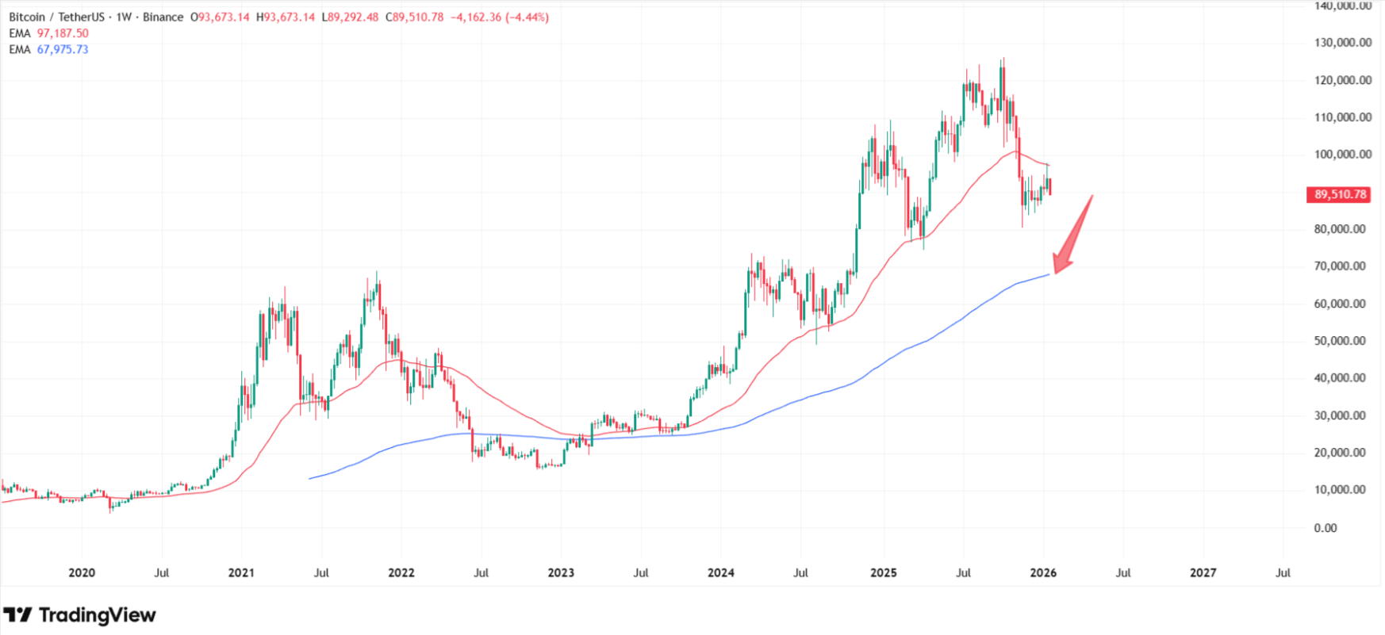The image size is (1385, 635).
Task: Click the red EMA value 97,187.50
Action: [x=63, y=33]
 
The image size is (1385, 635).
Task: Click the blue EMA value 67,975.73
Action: [x=63, y=49]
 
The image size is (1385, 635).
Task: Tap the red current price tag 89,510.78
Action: [x=1340, y=194]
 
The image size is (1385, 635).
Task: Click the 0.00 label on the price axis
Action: [x=1326, y=528]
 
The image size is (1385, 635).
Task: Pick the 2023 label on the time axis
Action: [x=561, y=572]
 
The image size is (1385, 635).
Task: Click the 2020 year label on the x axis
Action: [x=82, y=572]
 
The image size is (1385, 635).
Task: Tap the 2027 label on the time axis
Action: [x=1203, y=572]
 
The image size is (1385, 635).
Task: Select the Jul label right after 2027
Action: [x=1283, y=572]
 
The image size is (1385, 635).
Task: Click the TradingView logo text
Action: [x=97, y=615]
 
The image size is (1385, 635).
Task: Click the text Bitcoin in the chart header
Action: [x=27, y=17]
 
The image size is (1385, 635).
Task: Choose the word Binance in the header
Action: [x=163, y=17]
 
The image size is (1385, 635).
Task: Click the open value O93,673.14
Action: [x=220, y=17]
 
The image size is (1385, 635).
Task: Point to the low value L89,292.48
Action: [x=350, y=17]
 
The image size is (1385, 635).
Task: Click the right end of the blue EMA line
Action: [x=1049, y=274]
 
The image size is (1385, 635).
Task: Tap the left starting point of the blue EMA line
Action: [x=309, y=478]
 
